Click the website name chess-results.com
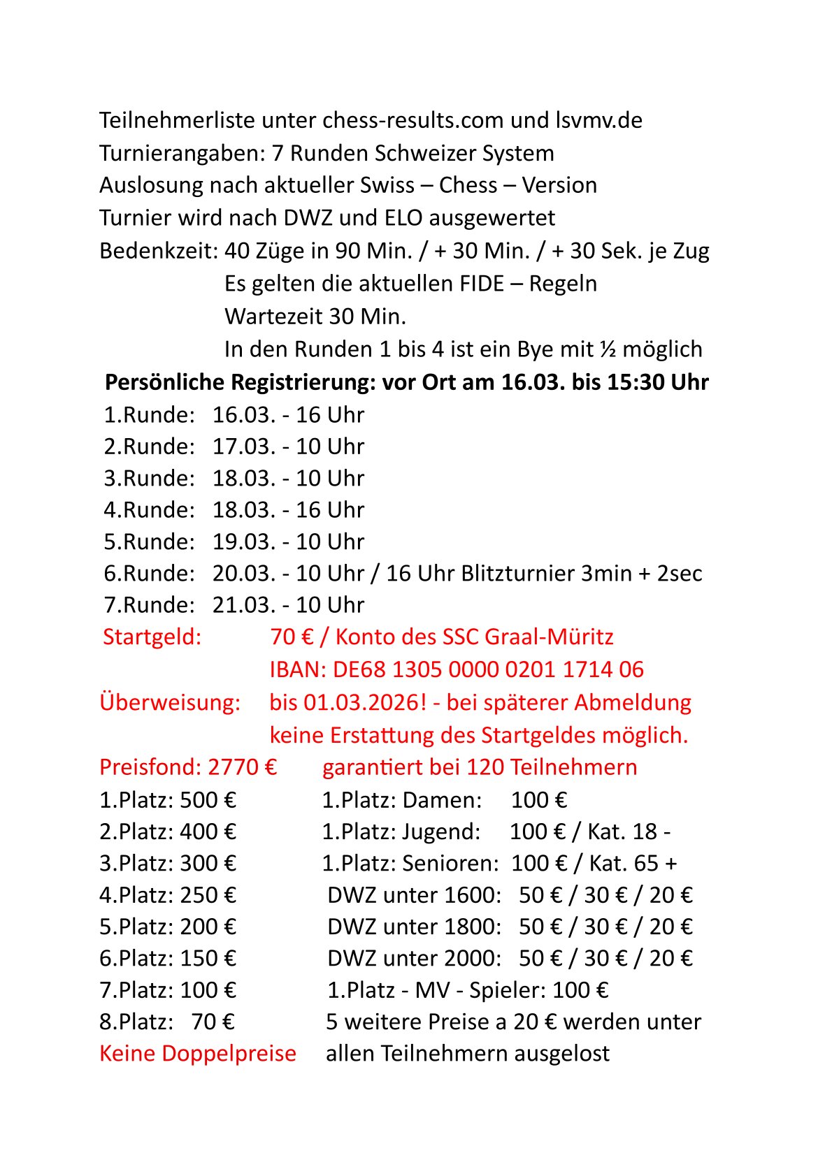tap(413, 121)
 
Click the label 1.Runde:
tap(149, 415)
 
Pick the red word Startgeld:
tap(152, 637)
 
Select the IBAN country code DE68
tap(359, 669)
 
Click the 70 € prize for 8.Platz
tap(213, 1022)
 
